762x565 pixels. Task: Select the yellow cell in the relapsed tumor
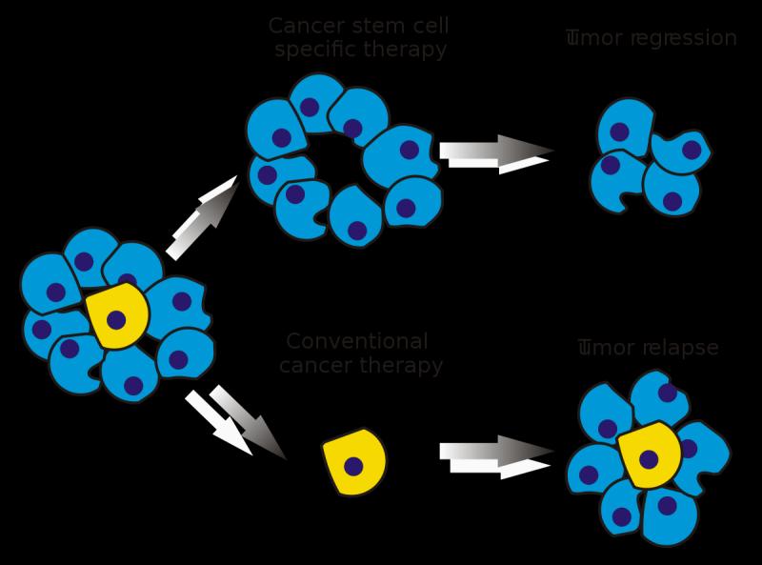(x=650, y=455)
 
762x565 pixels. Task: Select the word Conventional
(x=357, y=341)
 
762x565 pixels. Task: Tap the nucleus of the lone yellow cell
(x=353, y=466)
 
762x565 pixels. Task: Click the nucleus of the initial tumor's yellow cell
(x=116, y=319)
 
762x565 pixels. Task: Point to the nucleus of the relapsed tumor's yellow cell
(x=650, y=459)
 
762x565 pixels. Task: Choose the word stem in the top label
(x=366, y=26)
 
